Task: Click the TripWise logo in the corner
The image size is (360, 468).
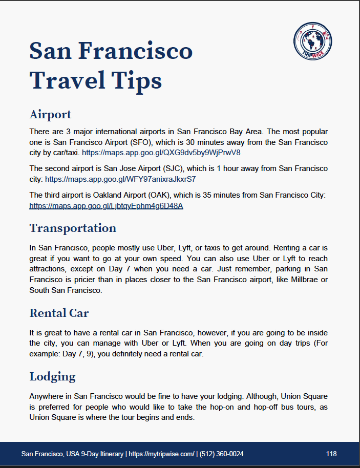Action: coord(313,41)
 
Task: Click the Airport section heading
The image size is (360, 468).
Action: coord(50,114)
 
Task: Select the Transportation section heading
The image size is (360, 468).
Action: coord(73,228)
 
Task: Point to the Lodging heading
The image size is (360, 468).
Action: coord(52,377)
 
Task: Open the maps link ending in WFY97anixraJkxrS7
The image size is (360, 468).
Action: coord(120,179)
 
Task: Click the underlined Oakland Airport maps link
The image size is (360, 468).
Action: coord(106,206)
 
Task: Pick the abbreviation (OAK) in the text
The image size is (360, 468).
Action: coord(134,195)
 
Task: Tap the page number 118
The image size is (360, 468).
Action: coord(331,454)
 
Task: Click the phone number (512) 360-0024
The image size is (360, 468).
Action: coord(222,454)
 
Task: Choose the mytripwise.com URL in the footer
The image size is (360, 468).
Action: coord(161,454)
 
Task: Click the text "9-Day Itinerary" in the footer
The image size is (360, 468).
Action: coord(102,454)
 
